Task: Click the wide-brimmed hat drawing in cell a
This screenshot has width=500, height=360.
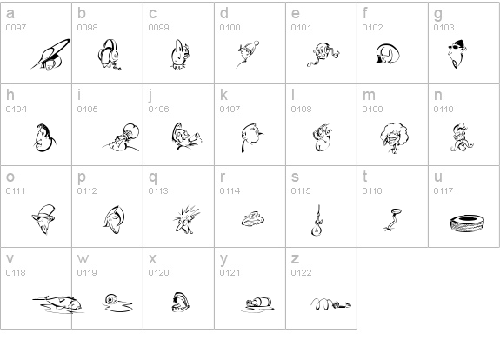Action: (x=51, y=55)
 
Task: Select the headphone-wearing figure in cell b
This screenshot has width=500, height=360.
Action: (x=110, y=55)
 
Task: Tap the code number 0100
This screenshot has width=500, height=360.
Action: (x=230, y=28)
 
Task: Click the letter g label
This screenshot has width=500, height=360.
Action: (x=438, y=13)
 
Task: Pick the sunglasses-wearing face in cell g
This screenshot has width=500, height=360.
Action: (x=457, y=54)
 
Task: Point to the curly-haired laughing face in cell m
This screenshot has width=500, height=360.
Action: (x=394, y=137)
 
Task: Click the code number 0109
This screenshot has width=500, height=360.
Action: (x=372, y=110)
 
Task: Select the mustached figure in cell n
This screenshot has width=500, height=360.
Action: (x=461, y=137)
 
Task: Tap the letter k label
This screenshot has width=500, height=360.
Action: (x=223, y=95)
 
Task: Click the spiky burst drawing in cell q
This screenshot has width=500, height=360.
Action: (x=186, y=219)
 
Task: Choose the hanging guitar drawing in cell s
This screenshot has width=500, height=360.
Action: (x=317, y=221)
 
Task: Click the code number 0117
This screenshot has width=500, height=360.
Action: (x=443, y=191)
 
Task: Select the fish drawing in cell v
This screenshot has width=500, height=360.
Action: (x=58, y=304)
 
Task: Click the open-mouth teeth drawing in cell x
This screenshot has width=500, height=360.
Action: (x=181, y=302)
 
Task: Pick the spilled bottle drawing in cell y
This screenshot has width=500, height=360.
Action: (x=257, y=303)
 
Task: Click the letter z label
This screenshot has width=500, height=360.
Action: (x=295, y=258)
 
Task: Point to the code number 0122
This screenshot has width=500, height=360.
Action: (x=301, y=273)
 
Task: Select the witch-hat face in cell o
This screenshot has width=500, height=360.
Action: (x=43, y=219)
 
